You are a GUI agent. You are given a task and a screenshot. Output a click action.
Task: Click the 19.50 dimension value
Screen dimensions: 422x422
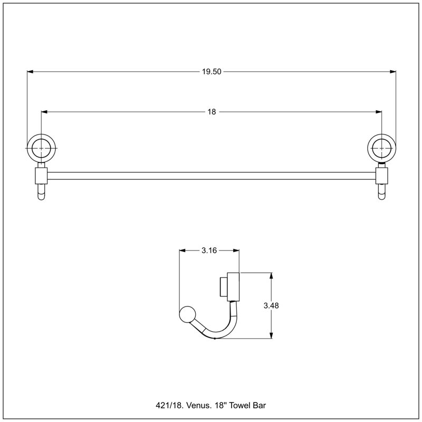(212, 72)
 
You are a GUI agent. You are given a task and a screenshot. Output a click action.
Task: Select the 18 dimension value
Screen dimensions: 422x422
(212, 112)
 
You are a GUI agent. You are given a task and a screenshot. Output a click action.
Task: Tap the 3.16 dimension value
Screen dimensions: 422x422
(209, 251)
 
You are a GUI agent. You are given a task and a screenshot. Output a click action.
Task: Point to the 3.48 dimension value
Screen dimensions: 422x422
(271, 305)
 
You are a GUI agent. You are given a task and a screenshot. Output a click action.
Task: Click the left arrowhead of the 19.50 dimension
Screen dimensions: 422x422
(30, 72)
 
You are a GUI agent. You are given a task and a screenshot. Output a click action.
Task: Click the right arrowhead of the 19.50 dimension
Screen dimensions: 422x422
(393, 72)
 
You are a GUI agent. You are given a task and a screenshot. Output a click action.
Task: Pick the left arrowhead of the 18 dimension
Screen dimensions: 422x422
(44, 112)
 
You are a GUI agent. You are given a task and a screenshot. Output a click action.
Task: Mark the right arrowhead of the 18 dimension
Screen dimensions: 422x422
(379, 112)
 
